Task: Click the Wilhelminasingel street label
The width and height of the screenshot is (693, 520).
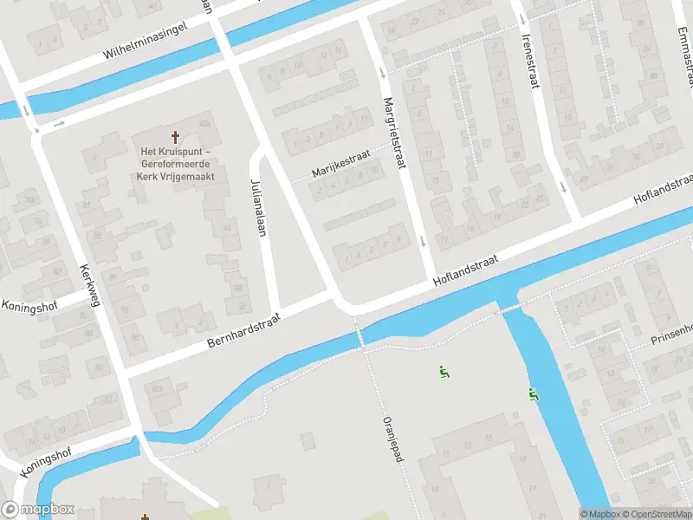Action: click(x=146, y=41)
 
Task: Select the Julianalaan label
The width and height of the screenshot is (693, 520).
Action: click(x=257, y=198)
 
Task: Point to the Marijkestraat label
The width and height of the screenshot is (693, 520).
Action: click(x=341, y=162)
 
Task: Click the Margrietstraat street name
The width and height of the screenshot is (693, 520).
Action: click(x=394, y=133)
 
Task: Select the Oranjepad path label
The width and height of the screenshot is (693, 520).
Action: click(x=387, y=439)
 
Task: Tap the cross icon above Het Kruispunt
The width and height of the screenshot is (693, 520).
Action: click(x=177, y=137)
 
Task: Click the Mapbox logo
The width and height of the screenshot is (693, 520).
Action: click(x=36, y=510)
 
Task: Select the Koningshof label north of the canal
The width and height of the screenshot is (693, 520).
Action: click(x=29, y=305)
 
